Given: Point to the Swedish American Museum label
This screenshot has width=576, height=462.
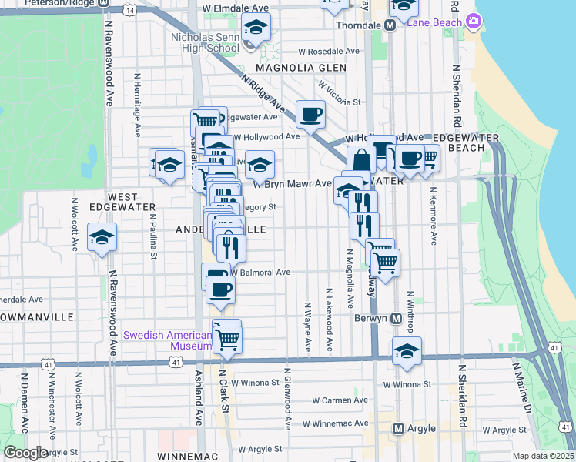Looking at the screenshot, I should coord(168,340).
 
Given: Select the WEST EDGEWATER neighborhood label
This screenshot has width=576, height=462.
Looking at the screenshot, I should coord(123,203).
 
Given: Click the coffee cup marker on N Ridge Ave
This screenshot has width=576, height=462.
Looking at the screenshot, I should coord(310,115).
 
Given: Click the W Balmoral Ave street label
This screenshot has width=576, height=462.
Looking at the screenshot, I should coord(260,273).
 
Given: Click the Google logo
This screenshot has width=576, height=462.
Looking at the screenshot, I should coord(25,452).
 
